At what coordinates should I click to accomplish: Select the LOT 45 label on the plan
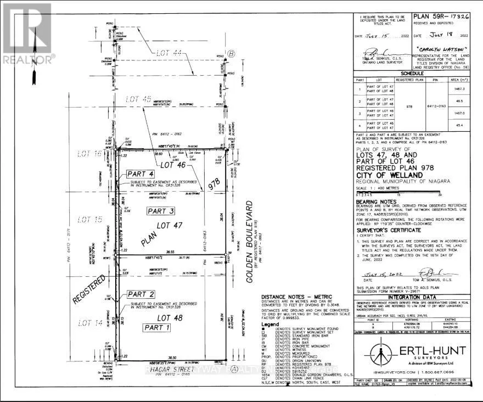point(138,99)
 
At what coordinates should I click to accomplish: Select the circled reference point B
point(232,53)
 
